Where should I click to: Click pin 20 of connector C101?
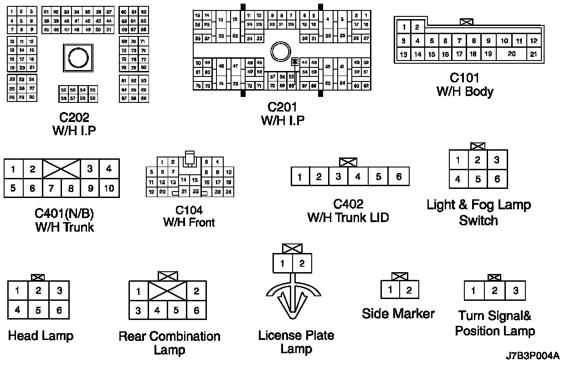tap(512, 54)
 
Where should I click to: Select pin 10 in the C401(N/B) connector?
tap(109, 188)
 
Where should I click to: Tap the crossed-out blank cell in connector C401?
tap(62, 168)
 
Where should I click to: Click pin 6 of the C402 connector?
tap(399, 177)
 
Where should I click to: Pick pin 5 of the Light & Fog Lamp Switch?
tap(478, 179)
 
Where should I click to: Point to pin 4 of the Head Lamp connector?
tap(17, 310)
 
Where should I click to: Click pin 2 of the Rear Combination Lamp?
tap(196, 291)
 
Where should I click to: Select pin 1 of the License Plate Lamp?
tap(283, 264)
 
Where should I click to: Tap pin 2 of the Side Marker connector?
tap(409, 290)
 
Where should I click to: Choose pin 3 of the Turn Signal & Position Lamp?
tap(515, 291)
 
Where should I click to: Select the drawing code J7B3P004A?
tap(532, 355)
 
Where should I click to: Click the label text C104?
tap(189, 210)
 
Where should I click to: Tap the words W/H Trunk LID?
tap(348, 218)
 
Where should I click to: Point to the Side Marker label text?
tap(398, 314)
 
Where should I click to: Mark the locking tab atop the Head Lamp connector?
tap(38, 277)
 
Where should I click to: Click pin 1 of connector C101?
tap(404, 27)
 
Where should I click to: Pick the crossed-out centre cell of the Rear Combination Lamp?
tap(167, 291)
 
